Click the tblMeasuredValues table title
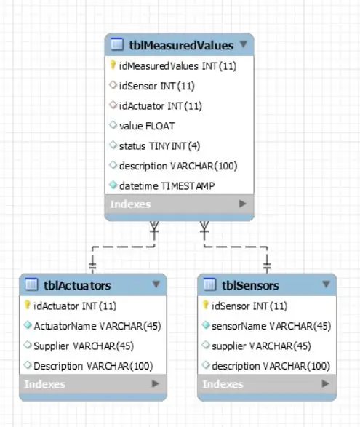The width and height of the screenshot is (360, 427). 181,45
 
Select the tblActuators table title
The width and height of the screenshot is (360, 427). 77,285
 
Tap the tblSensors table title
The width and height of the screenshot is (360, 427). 250,285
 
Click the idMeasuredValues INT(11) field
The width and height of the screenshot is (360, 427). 177,66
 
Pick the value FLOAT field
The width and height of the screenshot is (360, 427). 147,126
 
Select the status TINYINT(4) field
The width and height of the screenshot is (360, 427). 159,146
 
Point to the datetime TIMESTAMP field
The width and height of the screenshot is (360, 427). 167,186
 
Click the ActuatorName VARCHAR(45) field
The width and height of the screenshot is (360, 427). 97,326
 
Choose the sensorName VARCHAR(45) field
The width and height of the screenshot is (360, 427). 271,326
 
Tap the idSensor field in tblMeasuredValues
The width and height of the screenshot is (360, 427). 157,86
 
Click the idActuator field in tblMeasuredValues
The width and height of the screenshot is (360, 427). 161,106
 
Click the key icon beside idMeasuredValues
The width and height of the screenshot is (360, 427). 113,65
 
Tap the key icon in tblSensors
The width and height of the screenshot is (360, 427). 206,305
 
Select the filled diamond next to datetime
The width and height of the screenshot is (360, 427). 113,185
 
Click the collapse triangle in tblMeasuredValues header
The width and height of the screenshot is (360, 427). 244,44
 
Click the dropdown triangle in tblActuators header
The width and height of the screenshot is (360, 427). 156,284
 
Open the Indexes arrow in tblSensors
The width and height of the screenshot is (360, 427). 325,383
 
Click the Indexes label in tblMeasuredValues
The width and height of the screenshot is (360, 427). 130,204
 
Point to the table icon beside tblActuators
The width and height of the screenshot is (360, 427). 31,284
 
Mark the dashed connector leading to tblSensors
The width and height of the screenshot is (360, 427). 236,247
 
